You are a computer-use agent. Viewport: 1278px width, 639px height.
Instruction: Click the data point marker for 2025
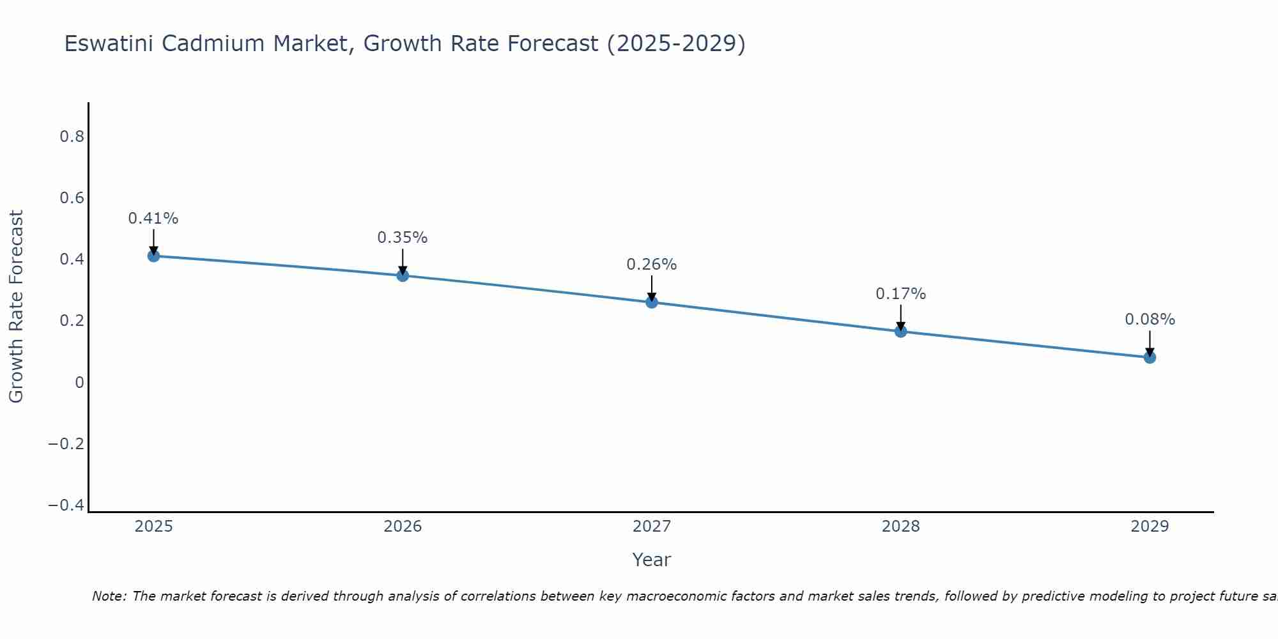coord(153,256)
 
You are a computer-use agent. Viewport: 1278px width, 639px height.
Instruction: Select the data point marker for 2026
coord(403,275)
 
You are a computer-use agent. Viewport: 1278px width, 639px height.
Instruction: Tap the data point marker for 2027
coord(652,302)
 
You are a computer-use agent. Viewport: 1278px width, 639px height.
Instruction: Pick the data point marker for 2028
coord(900,331)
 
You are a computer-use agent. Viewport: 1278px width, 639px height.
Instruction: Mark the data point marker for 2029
coord(1150,357)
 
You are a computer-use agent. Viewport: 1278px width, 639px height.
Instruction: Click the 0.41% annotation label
coord(153,219)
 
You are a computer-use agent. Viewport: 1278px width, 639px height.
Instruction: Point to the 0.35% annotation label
coord(403,238)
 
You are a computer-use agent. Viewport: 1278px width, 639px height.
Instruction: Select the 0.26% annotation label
coord(652,265)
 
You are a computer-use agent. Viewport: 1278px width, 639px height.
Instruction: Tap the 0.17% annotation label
coord(900,294)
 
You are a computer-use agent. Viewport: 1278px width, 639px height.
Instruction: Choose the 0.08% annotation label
coord(1150,319)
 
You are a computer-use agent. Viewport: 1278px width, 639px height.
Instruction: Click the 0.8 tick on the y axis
coord(72,137)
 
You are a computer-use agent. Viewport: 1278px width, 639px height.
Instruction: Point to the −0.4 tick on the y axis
coord(66,505)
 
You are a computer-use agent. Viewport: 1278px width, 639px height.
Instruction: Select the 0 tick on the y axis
coord(79,383)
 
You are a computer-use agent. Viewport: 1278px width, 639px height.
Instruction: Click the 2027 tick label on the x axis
coord(652,527)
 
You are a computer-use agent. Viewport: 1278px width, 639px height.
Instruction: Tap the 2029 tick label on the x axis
coord(1150,527)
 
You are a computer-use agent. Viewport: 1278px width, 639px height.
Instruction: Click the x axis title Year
coord(652,560)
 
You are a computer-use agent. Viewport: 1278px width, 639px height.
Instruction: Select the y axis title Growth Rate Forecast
coord(16,307)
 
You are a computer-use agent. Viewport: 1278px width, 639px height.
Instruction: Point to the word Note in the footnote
coord(109,596)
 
